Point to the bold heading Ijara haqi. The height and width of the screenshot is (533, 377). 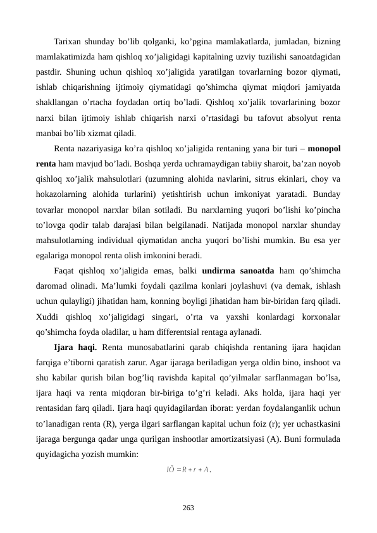tap(75, 347)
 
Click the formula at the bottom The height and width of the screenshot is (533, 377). tap(188, 469)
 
